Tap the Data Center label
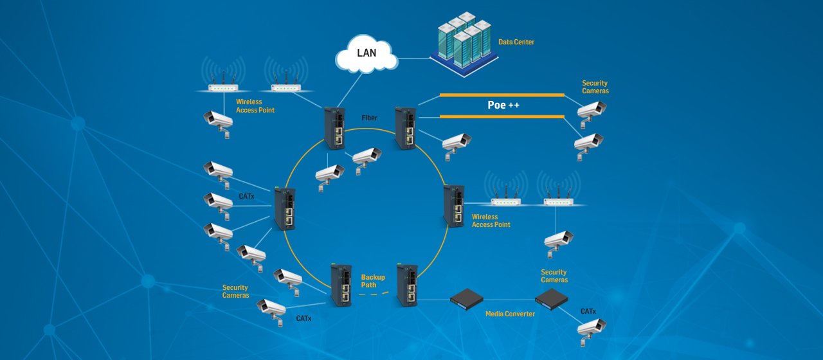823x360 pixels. (516, 42)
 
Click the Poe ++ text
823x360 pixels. (503, 105)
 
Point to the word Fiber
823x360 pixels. (370, 118)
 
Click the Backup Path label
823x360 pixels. (373, 281)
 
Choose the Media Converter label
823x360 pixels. (510, 314)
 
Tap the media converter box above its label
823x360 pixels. (467, 297)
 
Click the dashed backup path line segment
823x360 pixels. (374, 294)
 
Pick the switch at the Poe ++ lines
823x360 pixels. (406, 127)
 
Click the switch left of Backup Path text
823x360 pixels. (341, 285)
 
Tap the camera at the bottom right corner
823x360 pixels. (591, 327)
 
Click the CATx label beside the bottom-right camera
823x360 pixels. (588, 311)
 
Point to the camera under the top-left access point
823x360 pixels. (218, 120)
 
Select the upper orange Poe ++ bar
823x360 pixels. (502, 95)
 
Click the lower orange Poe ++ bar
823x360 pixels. (502, 116)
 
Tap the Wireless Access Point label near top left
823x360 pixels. (255, 106)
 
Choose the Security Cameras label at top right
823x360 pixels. (595, 87)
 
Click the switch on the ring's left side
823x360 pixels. (285, 209)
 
